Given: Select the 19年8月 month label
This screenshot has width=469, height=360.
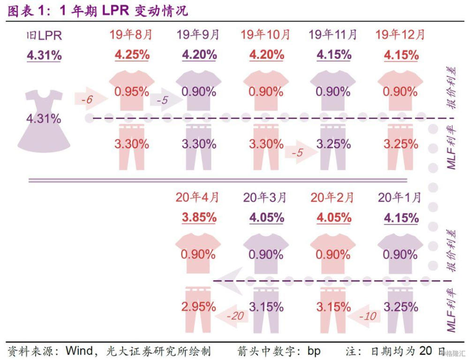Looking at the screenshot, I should click(x=132, y=34).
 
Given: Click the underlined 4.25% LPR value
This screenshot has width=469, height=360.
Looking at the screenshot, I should click(x=132, y=54).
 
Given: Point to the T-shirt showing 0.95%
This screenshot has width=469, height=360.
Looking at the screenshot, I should click(x=132, y=91).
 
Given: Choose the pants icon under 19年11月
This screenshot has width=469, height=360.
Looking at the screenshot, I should click(x=334, y=146).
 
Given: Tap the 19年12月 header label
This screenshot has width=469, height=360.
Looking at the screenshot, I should click(x=401, y=34).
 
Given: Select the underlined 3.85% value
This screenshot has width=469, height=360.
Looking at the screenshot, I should click(x=199, y=218).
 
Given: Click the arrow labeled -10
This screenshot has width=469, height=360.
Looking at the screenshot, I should click(x=366, y=316).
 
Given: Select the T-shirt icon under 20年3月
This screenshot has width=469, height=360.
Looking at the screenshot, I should click(x=266, y=254).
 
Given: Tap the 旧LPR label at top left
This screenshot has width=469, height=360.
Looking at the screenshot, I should click(x=44, y=35).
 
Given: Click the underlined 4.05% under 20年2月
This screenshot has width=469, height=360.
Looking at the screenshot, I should click(x=333, y=218).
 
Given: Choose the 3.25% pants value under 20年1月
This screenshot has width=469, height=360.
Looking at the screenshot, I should click(x=401, y=307).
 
